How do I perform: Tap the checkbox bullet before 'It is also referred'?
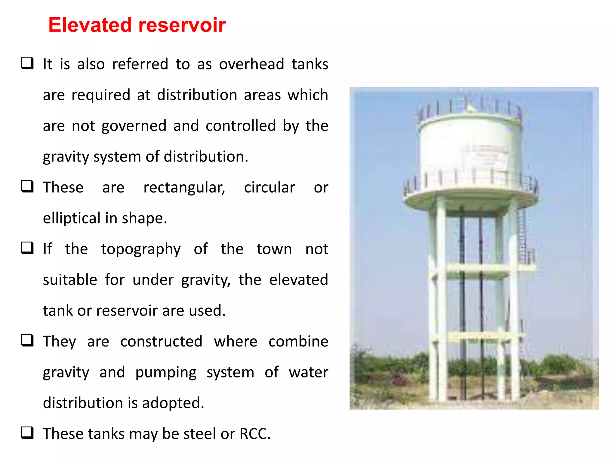pyautogui.click(x=27, y=63)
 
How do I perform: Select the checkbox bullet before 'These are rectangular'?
pyautogui.click(x=27, y=186)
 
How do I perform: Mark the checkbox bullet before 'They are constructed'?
pyautogui.click(x=27, y=340)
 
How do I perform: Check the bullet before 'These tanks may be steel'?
pyautogui.click(x=27, y=433)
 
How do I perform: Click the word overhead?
pyautogui.click(x=251, y=64)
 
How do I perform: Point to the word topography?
pyautogui.click(x=141, y=250)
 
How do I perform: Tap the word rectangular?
pyautogui.click(x=184, y=188)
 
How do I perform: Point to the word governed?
pyautogui.click(x=134, y=126)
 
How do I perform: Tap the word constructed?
pyautogui.click(x=161, y=342)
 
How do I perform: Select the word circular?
pyautogui.click(x=269, y=187)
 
